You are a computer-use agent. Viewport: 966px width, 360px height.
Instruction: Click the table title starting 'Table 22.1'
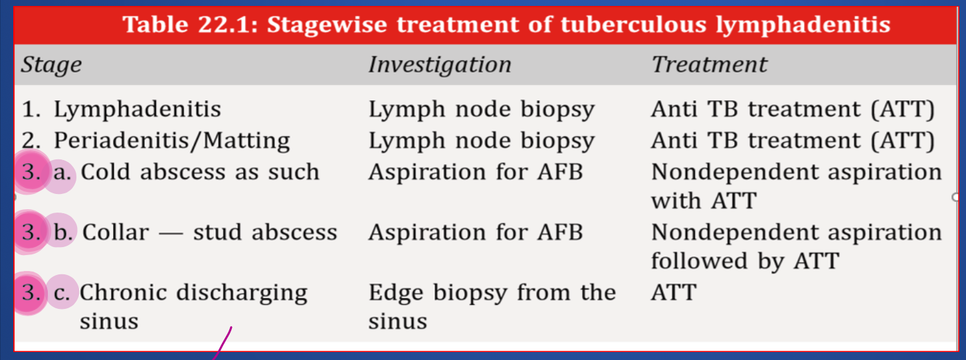pyautogui.click(x=506, y=24)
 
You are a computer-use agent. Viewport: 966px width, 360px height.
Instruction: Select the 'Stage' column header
pyautogui.click(x=51, y=65)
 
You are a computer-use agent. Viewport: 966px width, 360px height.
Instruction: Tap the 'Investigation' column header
pyautogui.click(x=440, y=65)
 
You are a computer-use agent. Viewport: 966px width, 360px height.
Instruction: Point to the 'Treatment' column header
pyautogui.click(x=709, y=64)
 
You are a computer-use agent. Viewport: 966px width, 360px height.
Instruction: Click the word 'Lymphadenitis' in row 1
pyautogui.click(x=137, y=109)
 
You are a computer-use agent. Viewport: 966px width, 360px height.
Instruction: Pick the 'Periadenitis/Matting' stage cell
pyautogui.click(x=171, y=141)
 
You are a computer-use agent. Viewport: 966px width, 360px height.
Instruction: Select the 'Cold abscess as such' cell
pyautogui.click(x=200, y=172)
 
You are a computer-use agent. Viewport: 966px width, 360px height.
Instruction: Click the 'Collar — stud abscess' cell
pyautogui.click(x=209, y=232)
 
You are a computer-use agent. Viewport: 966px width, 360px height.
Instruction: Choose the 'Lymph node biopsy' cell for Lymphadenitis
pyautogui.click(x=482, y=109)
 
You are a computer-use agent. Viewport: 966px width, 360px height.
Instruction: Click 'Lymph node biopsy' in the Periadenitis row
pyautogui.click(x=482, y=141)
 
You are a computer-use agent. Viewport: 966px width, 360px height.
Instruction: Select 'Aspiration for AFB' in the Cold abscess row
pyautogui.click(x=476, y=172)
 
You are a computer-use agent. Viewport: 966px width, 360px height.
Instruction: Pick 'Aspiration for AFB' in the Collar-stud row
pyautogui.click(x=476, y=232)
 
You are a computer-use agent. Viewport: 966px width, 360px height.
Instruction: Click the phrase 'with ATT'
pyautogui.click(x=704, y=201)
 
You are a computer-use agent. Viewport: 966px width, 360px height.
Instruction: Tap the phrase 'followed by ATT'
pyautogui.click(x=745, y=261)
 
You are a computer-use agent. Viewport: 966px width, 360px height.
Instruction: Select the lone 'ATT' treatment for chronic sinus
pyautogui.click(x=674, y=292)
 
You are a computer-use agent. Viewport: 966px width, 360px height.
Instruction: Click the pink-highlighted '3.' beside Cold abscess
pyautogui.click(x=31, y=172)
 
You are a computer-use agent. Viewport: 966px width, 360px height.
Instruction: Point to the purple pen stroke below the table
pyautogui.click(x=223, y=343)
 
